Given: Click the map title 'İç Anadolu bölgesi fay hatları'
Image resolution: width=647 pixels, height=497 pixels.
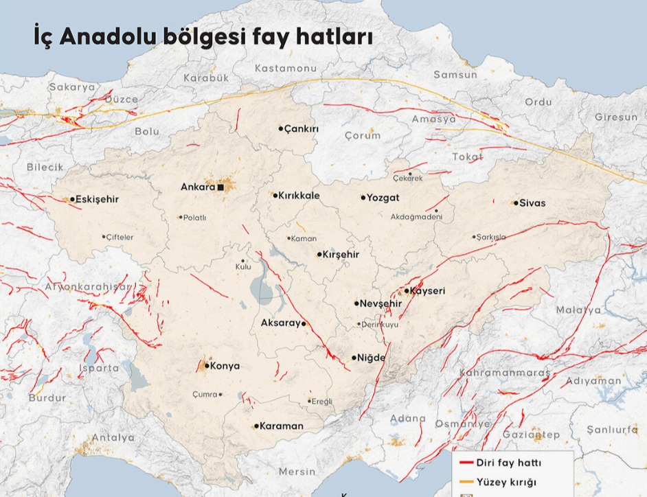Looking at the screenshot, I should [203, 36].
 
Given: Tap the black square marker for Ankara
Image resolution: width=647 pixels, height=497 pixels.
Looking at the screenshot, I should [221, 187].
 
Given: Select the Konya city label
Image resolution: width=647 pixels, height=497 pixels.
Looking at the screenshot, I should [225, 366].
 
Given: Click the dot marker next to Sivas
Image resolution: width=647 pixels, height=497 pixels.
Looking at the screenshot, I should [515, 203].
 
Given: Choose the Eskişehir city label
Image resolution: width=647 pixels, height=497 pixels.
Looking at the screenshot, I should [98, 199].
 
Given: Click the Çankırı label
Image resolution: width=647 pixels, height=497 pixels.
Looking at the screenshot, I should [302, 128].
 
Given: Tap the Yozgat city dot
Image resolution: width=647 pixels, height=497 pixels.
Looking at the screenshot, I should [363, 198].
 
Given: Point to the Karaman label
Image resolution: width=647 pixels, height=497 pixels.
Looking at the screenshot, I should [282, 426].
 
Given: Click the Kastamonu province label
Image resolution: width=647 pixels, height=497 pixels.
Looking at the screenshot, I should [285, 69].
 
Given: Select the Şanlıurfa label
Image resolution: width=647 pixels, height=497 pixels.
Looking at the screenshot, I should [612, 430].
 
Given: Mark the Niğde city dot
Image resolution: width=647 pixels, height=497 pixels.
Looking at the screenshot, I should [354, 358].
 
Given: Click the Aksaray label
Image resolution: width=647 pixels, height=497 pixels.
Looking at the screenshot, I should [280, 323].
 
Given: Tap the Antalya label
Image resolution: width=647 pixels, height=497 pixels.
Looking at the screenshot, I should [113, 437].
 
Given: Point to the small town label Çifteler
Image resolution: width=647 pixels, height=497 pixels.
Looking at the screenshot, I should [120, 237].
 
